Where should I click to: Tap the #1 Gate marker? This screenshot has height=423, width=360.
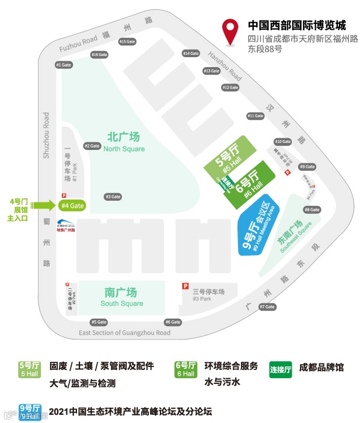[x=63, y=65]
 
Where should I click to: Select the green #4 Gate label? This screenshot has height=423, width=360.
[x=72, y=205]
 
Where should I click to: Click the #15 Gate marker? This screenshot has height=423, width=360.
[x=127, y=42]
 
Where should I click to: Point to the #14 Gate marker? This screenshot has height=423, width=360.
[x=190, y=54]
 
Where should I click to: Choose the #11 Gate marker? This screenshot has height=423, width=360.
[x=255, y=116]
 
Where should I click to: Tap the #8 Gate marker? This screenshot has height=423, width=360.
[x=312, y=209]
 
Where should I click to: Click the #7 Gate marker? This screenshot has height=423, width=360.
[x=267, y=307]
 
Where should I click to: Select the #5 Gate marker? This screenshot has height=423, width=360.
[x=99, y=322]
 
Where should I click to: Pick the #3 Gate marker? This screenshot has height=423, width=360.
[x=112, y=197]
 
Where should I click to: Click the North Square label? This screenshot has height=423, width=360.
[x=124, y=142]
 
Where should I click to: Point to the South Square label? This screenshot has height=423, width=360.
[x=121, y=297]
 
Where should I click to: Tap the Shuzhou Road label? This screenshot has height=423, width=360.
[x=47, y=135]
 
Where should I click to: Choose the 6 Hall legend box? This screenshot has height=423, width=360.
[x=186, y=369]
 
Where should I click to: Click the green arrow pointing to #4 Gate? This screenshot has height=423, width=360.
[x=43, y=205]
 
